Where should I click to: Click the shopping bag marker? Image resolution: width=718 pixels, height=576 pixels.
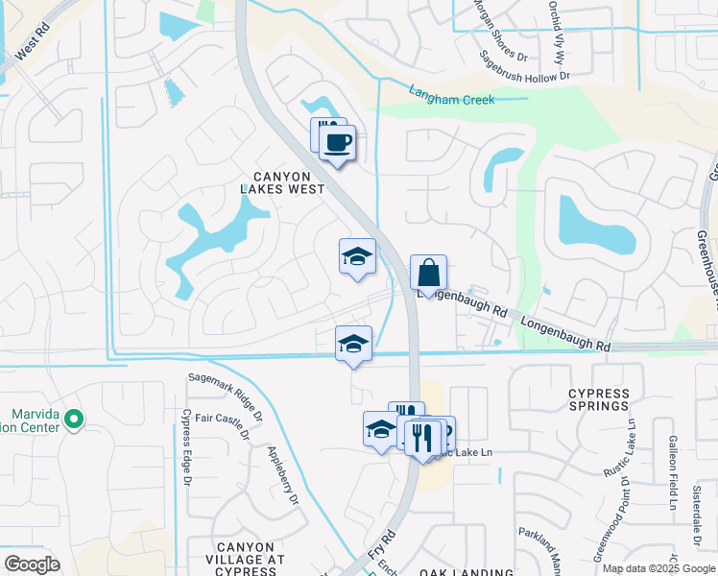pyautogui.click(x=428, y=272)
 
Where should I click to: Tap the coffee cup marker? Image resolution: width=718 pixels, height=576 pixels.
pyautogui.click(x=337, y=144)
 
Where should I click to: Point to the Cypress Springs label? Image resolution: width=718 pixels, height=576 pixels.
pyautogui.click(x=599, y=399)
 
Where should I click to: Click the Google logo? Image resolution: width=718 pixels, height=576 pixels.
pyautogui.click(x=32, y=564)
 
